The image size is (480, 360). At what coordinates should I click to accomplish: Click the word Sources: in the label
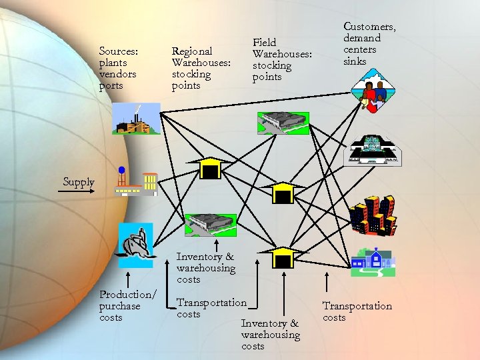pos(118,51)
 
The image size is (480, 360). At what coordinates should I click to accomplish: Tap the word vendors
pos(117,74)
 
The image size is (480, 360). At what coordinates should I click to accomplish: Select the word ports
pos(111,85)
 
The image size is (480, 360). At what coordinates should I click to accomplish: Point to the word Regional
pos(192,51)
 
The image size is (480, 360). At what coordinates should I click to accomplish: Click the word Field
pos(264,43)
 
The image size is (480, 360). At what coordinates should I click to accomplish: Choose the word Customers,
pos(369,27)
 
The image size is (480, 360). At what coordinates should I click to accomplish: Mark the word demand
pos(362,38)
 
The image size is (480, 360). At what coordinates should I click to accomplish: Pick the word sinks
pos(355,61)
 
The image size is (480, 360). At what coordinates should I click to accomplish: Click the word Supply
pos(79,182)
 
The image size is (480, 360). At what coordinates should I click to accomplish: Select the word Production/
pos(128,295)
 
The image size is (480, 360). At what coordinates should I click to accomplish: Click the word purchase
pos(120,306)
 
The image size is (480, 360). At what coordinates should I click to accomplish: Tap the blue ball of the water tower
pos(121,170)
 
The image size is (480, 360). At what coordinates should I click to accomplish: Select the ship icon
pos(135,241)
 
